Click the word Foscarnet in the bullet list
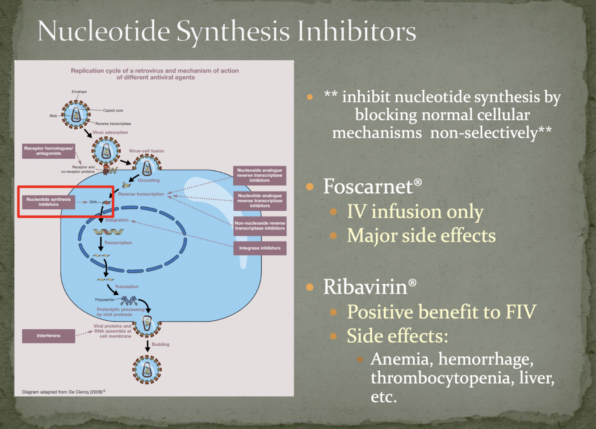(368, 187)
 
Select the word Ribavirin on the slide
(365, 287)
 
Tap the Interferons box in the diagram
(48, 336)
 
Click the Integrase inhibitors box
(260, 248)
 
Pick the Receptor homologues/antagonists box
(48, 151)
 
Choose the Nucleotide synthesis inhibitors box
(48, 202)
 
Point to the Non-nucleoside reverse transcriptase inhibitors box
(260, 225)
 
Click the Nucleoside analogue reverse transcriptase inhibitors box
(259, 175)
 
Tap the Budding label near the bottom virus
(160, 344)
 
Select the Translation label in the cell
(126, 287)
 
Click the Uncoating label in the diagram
(148, 180)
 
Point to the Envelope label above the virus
(79, 92)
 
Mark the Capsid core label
(113, 110)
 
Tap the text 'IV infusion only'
(415, 212)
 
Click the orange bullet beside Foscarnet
(310, 187)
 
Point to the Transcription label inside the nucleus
(118, 243)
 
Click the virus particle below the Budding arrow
(147, 370)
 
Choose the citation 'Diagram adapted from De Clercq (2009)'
(63, 392)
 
